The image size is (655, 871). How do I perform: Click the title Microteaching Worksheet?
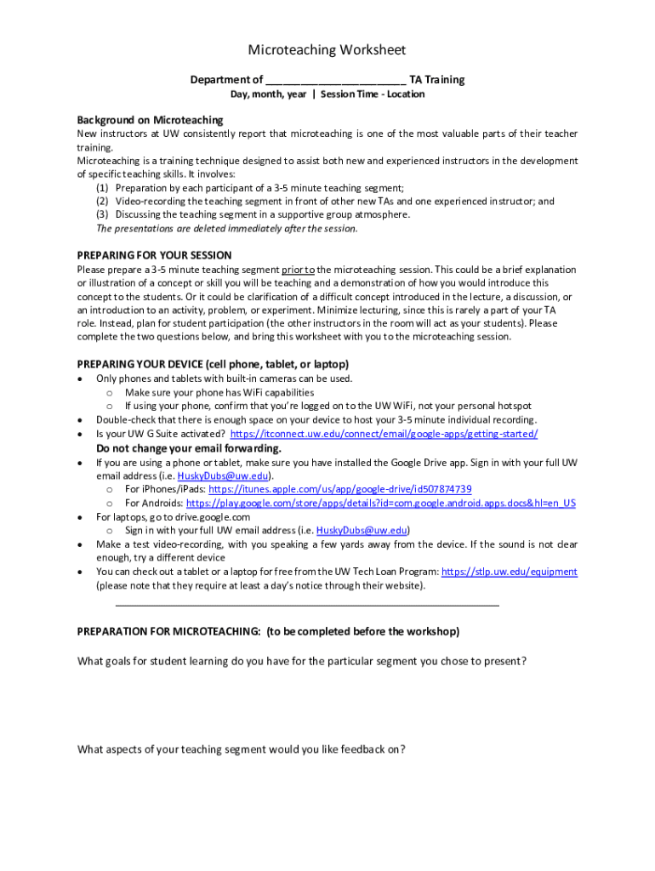click(x=327, y=50)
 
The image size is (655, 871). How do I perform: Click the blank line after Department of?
click(x=335, y=81)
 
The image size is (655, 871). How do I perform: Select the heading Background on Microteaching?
click(x=150, y=120)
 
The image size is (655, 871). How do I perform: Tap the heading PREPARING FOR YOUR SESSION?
click(x=154, y=255)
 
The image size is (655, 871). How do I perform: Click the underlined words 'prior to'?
click(x=293, y=270)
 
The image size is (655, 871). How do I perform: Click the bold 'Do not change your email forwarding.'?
click(x=188, y=448)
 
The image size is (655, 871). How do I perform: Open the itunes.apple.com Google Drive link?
click(x=339, y=489)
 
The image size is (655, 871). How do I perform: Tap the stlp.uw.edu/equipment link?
click(x=510, y=572)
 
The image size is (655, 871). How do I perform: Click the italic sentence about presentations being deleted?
click(x=227, y=228)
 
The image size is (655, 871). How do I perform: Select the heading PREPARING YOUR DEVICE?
click(x=213, y=364)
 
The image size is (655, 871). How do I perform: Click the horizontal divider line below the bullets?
click(x=306, y=605)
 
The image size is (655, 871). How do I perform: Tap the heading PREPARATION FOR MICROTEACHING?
click(x=268, y=631)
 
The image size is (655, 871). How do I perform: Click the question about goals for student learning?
click(x=301, y=661)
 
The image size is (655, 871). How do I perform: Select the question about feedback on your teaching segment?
click(x=241, y=749)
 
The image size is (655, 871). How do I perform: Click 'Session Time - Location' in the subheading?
click(x=372, y=94)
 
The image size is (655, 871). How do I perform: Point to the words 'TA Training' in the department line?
click(x=437, y=80)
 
